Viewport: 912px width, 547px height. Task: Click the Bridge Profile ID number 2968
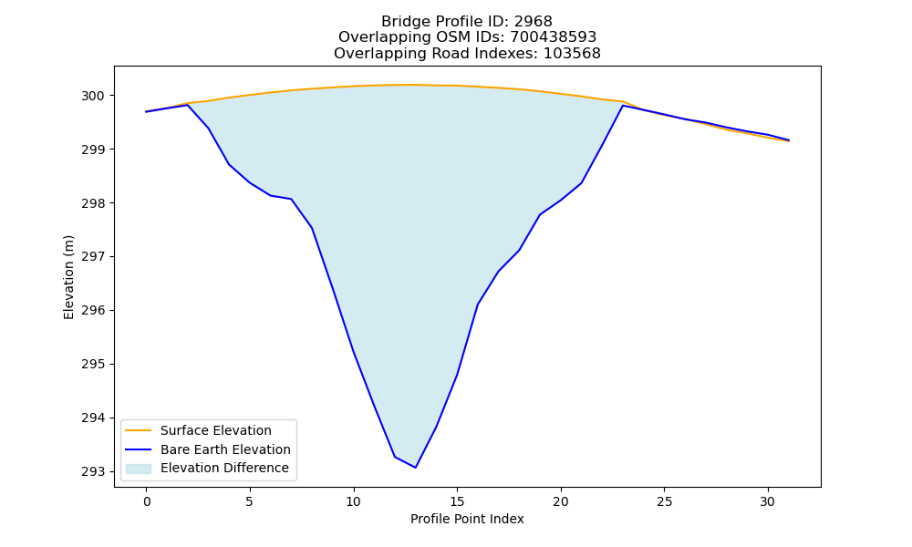533,22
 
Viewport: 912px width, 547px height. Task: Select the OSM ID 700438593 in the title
554,37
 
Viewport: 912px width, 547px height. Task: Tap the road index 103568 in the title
572,54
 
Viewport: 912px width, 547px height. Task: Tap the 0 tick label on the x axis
147,501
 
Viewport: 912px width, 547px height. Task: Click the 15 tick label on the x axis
457,501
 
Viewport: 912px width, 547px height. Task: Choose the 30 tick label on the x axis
768,501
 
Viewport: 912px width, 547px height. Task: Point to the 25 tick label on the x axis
664,501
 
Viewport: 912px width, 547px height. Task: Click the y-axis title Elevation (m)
68,277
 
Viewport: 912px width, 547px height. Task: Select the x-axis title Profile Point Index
467,519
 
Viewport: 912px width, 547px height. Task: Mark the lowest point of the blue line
415,468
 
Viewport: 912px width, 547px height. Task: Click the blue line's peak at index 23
623,106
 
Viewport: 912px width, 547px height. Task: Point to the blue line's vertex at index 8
312,228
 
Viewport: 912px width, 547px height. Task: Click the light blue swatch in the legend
139,469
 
